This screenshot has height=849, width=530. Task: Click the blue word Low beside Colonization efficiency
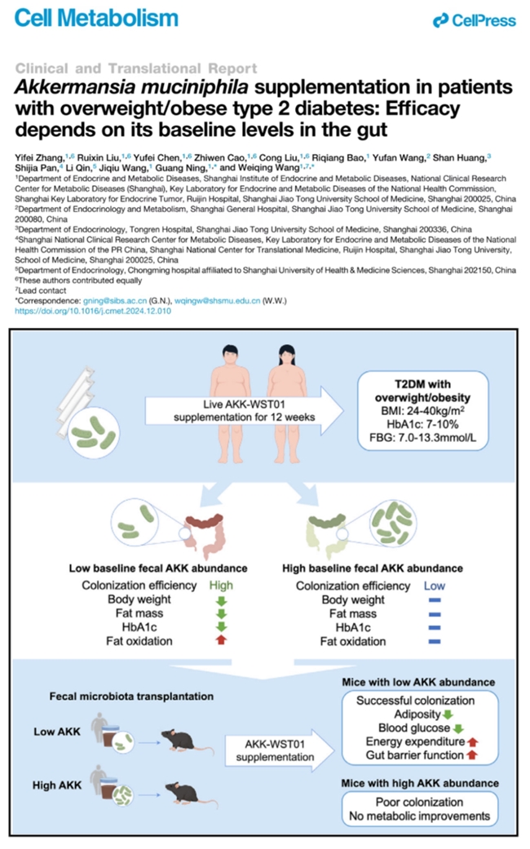433,586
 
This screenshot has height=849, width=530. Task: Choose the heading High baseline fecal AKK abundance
372,568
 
